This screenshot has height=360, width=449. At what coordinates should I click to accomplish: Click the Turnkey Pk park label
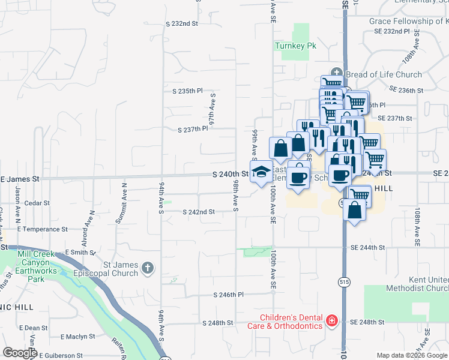click(x=291, y=46)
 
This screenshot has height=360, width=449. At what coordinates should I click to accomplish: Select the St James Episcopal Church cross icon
click(x=148, y=268)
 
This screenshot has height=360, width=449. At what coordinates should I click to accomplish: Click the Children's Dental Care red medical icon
click(x=331, y=322)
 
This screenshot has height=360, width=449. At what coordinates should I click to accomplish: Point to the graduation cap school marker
click(x=261, y=172)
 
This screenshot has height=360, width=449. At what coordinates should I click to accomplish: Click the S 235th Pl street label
click(x=187, y=91)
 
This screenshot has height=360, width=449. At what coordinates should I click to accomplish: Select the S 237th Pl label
click(x=193, y=129)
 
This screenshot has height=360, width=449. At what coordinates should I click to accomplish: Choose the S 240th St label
click(x=231, y=174)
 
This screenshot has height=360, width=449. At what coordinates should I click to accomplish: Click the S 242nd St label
click(x=199, y=212)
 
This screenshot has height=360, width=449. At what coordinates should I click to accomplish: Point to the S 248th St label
click(x=217, y=323)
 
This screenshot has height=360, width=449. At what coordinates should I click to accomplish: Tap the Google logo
click(x=19, y=353)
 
